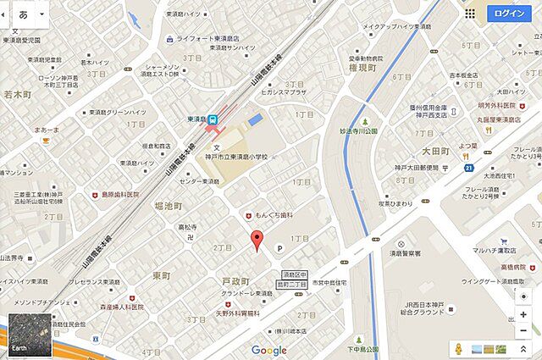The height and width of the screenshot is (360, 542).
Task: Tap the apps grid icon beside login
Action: (x=470, y=13)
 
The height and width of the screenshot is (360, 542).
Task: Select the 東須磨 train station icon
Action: (x=214, y=121)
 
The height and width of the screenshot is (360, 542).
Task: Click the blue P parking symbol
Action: (x=281, y=246)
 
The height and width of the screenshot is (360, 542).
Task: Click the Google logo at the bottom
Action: (x=268, y=350)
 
